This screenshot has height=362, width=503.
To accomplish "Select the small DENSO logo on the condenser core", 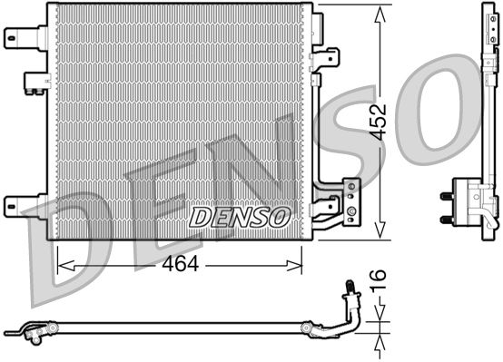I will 240,218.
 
